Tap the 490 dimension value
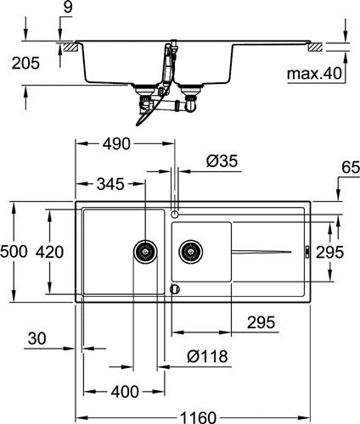tap(116, 144)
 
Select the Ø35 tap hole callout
tap(222, 161)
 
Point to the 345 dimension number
tap(110, 184)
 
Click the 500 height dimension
tap(14, 252)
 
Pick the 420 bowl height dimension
tap(49, 252)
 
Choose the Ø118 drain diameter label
tap(207, 356)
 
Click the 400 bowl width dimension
tap(125, 392)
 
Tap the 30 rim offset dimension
tap(37, 338)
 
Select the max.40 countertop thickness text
tap(314, 74)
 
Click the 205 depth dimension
tap(25, 63)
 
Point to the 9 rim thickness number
tap(68, 8)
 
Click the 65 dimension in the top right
tap(351, 167)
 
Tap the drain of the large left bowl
tap(145, 252)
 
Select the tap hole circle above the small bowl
tap(175, 215)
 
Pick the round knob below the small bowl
tap(175, 289)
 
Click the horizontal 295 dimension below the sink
tap(261, 322)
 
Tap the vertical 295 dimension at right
tap(329, 252)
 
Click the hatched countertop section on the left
tap(70, 47)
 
